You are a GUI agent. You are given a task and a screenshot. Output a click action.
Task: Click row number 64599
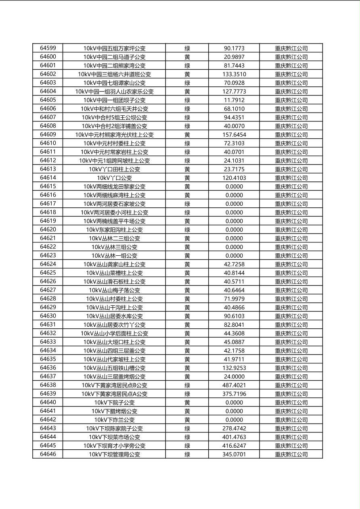(48, 48)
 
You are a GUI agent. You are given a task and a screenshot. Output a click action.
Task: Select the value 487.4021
(234, 385)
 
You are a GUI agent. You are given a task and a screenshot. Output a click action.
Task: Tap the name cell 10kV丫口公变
(114, 178)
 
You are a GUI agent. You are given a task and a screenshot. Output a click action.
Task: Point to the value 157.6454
(234, 135)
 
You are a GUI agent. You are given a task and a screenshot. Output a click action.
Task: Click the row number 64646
(48, 454)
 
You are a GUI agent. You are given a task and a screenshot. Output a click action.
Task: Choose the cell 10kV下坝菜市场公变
(114, 437)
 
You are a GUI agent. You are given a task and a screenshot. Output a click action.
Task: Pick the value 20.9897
(234, 57)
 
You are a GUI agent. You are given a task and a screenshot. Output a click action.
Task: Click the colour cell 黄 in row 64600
(187, 57)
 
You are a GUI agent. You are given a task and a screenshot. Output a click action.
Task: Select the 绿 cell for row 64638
(187, 385)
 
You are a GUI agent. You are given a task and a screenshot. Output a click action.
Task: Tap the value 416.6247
(234, 446)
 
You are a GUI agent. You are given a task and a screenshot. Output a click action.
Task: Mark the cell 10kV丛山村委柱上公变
(114, 299)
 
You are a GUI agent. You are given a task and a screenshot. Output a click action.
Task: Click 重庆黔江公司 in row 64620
(291, 230)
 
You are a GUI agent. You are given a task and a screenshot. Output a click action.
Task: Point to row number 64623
(48, 255)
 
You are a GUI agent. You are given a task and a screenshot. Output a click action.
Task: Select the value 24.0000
(234, 377)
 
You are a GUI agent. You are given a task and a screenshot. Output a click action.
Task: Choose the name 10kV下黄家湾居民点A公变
(114, 394)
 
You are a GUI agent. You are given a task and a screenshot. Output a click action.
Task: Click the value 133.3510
(234, 74)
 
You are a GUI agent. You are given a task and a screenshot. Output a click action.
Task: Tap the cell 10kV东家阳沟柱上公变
(114, 230)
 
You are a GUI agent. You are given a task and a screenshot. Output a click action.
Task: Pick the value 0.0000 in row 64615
(234, 186)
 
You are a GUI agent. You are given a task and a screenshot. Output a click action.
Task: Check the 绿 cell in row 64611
(187, 152)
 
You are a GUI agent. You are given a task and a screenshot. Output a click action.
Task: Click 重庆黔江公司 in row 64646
(291, 454)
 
